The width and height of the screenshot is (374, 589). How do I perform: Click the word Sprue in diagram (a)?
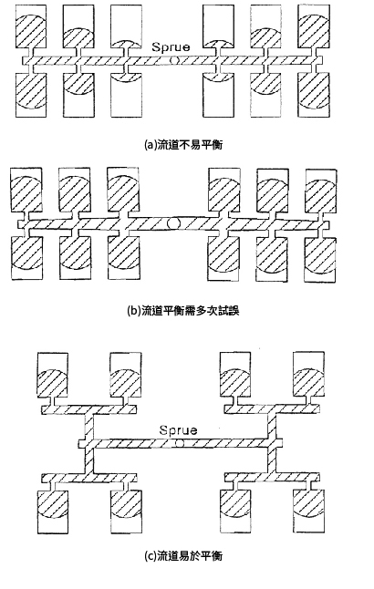tap(171, 46)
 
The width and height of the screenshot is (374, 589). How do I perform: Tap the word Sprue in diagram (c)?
tap(178, 430)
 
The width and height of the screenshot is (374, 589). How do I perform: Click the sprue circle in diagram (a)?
tap(173, 60)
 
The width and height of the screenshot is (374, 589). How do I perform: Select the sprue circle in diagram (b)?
tap(173, 223)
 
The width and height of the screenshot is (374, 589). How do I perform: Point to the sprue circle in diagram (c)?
tap(180, 443)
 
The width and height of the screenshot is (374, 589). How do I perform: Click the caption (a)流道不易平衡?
tap(183, 145)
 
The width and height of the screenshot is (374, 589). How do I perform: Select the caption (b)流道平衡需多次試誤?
tap(183, 311)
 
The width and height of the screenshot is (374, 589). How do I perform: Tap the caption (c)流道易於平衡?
tap(183, 555)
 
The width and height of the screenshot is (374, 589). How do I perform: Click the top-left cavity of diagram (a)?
tap(31, 26)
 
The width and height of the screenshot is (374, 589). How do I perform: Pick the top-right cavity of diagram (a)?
tap(314, 26)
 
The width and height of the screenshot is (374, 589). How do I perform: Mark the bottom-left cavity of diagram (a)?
tap(31, 95)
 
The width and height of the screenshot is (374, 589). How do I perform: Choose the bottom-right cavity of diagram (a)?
tap(314, 95)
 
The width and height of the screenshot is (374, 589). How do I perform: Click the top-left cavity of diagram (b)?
tap(26, 190)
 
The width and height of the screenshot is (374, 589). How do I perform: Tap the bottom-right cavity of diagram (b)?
tap(320, 259)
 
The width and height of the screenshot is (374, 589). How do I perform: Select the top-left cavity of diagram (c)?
tap(53, 375)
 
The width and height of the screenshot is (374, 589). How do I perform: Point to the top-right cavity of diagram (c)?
tap(308, 374)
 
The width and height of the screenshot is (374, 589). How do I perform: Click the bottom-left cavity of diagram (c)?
tap(53, 511)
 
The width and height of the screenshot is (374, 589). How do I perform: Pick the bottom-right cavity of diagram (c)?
tap(308, 511)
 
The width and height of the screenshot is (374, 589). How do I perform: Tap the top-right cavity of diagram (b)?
tap(321, 191)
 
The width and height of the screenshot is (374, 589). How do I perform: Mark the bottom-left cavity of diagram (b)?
tap(26, 258)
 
